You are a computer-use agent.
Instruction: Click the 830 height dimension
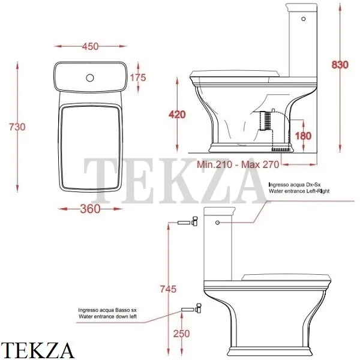(x=340, y=65)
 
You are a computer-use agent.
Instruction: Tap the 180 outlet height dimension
(x=304, y=136)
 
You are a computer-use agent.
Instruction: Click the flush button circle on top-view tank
(x=90, y=77)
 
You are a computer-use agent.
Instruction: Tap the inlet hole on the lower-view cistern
(x=218, y=221)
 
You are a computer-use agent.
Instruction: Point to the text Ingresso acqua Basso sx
(x=106, y=310)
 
